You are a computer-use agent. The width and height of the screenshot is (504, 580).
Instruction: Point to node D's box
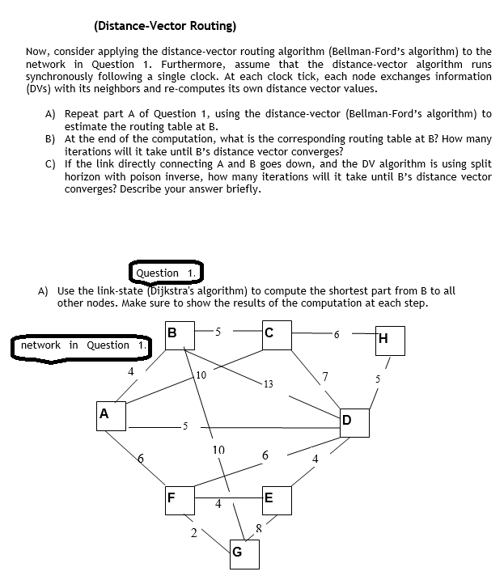coord(354,421)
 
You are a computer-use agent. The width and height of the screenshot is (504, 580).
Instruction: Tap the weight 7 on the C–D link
coord(324,375)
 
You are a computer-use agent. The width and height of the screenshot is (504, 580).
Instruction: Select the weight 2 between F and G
coord(193,532)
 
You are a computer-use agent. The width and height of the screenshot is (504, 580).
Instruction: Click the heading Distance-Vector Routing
coord(166,26)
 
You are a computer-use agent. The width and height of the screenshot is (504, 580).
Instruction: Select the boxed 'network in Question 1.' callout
coord(84,345)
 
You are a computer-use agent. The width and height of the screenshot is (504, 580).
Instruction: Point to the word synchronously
coord(64,76)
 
